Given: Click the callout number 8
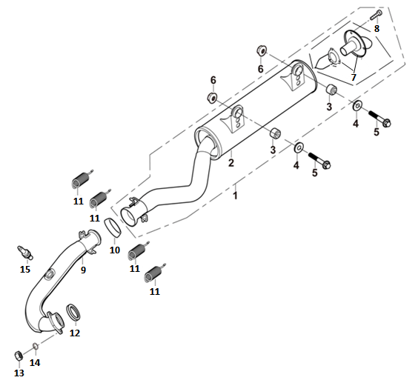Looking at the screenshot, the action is (376, 28).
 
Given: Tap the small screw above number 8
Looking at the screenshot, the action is (376, 14).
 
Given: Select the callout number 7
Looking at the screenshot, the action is (354, 77).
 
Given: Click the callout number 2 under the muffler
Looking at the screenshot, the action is (230, 162).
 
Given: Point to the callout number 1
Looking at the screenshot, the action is (235, 196).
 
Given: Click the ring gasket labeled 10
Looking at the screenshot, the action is (112, 228).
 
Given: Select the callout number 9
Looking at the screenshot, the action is (83, 270).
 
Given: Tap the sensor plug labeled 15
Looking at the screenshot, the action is (25, 252).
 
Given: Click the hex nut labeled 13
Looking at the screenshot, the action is (18, 356).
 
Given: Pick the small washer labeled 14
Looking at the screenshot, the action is (35, 346).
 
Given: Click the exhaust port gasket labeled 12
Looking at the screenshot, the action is (73, 312).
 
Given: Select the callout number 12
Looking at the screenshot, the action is (75, 333).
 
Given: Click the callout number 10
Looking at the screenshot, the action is (115, 250).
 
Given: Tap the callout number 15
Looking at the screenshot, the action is (25, 269).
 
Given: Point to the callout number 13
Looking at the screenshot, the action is (19, 373).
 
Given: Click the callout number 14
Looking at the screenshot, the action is (35, 362).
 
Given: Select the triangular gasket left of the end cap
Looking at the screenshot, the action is (327, 59).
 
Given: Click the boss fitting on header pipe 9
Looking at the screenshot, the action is (50, 275).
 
